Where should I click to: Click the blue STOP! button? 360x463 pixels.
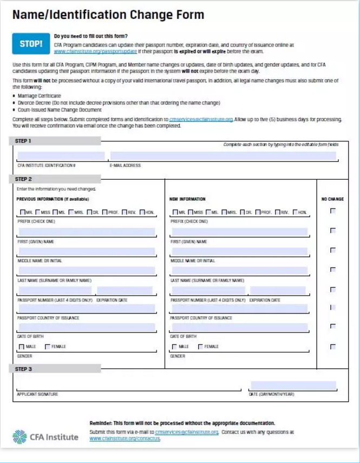[x=31, y=44]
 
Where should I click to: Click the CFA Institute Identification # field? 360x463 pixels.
[x=61, y=156]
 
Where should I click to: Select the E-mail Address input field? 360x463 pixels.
[x=222, y=156]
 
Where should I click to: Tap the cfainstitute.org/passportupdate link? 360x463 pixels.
[x=94, y=51]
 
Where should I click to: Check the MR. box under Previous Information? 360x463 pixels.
[x=22, y=212]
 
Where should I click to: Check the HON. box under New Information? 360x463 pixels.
[x=295, y=212]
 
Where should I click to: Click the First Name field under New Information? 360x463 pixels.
[x=239, y=232]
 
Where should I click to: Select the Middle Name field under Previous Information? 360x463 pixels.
[x=86, y=252]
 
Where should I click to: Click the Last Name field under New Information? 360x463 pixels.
[x=239, y=271]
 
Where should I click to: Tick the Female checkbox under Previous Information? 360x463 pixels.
[x=48, y=347]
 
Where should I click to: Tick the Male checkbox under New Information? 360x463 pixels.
[x=174, y=347]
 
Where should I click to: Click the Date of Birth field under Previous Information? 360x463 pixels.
[x=86, y=328]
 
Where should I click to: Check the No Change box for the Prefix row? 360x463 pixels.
[x=332, y=211]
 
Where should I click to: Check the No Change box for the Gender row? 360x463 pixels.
[x=332, y=347]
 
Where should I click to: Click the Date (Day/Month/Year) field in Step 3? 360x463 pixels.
[x=292, y=386]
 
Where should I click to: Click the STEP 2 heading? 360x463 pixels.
[x=24, y=179]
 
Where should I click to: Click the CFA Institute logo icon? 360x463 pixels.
[x=19, y=436]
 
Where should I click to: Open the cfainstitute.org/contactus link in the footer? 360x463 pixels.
[x=125, y=439]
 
